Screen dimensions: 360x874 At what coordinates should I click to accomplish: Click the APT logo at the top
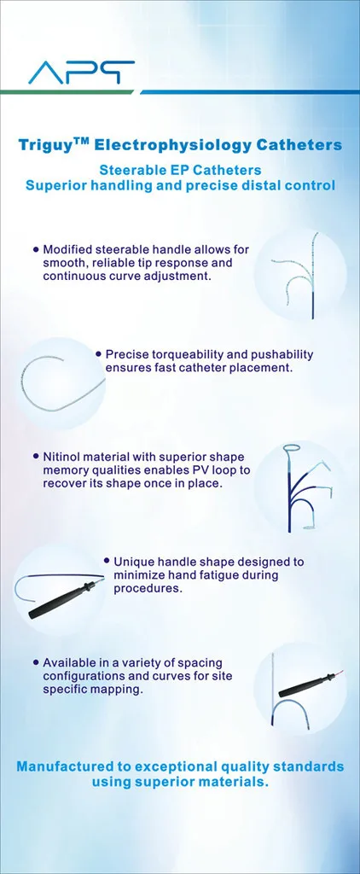[81, 73]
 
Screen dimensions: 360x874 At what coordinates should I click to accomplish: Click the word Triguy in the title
[44, 146]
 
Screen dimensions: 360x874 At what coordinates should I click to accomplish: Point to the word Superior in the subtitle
[52, 185]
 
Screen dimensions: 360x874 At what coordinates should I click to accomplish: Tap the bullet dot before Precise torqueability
[99, 353]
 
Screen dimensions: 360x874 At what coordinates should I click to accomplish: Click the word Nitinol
[61, 457]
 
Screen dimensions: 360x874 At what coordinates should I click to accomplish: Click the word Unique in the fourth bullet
[131, 562]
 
